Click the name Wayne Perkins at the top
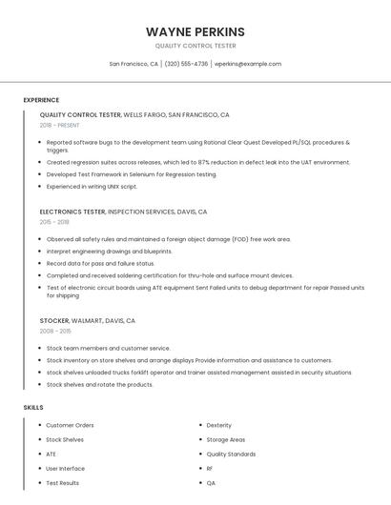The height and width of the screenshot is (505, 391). [x=195, y=31]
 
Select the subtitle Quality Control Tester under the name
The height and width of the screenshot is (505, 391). [x=195, y=46]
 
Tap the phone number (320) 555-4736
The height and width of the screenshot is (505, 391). [x=186, y=64]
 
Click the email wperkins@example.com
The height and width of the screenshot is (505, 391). [x=247, y=64]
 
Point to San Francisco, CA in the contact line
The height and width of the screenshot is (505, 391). [x=134, y=64]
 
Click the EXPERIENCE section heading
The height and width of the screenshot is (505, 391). [x=41, y=100]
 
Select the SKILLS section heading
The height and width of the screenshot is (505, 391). [x=33, y=407]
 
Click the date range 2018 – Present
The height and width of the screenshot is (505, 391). [x=59, y=125]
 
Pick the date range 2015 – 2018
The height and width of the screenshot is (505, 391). [x=54, y=221]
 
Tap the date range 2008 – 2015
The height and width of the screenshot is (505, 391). [x=54, y=331]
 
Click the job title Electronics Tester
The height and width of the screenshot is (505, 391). [x=72, y=212]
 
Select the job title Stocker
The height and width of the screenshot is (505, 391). [x=56, y=321]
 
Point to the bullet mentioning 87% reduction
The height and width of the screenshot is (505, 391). [x=198, y=162]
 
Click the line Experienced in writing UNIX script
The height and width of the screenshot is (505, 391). [x=92, y=187]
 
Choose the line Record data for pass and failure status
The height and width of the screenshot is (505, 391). [x=100, y=263]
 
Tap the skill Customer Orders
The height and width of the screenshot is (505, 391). [x=70, y=425]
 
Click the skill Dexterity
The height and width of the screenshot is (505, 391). [x=218, y=425]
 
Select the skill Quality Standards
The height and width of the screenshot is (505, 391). [x=231, y=454]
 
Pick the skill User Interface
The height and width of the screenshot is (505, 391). [x=65, y=469]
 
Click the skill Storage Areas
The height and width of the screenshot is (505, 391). [x=225, y=439]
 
